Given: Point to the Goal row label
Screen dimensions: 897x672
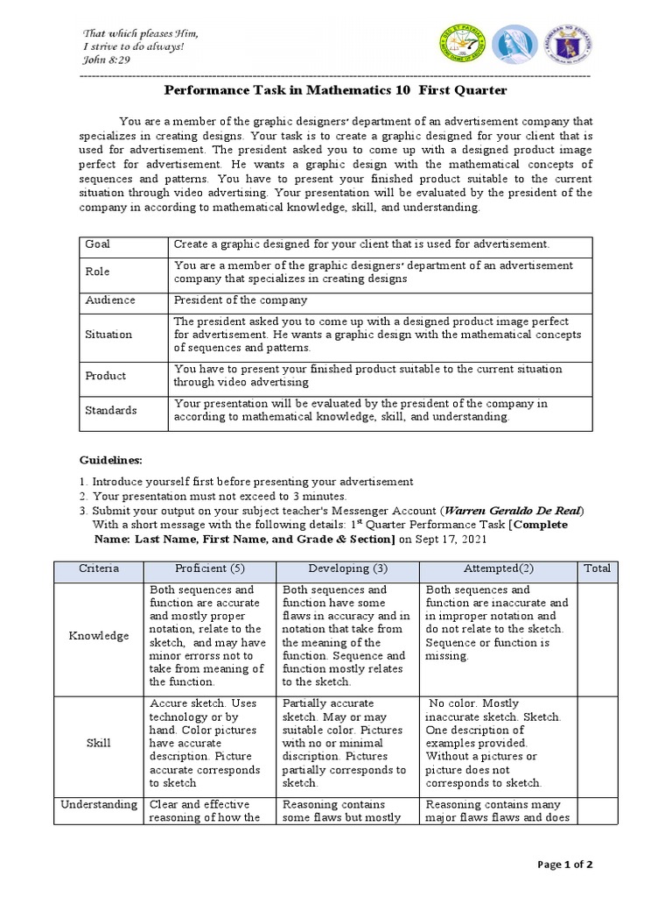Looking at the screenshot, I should (x=98, y=244).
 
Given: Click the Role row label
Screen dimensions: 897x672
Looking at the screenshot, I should (x=97, y=272).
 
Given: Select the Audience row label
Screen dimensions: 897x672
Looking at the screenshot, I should (x=110, y=300).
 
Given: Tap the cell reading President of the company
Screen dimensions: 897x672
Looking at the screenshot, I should (x=241, y=300).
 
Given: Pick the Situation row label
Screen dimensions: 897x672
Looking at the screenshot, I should (x=108, y=334).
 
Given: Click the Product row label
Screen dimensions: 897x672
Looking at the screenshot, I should (x=106, y=375).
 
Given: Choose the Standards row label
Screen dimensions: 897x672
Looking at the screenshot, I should (x=111, y=409).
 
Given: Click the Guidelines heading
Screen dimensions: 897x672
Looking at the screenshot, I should (x=110, y=460).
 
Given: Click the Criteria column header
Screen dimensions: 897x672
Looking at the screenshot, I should (x=98, y=569).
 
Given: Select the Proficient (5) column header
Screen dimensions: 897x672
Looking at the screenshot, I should (x=209, y=569).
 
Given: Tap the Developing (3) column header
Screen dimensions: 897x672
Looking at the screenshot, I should (x=347, y=569).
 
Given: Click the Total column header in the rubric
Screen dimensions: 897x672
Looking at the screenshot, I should (x=597, y=569).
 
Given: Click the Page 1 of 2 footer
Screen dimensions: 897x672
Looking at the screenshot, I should (x=565, y=865).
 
